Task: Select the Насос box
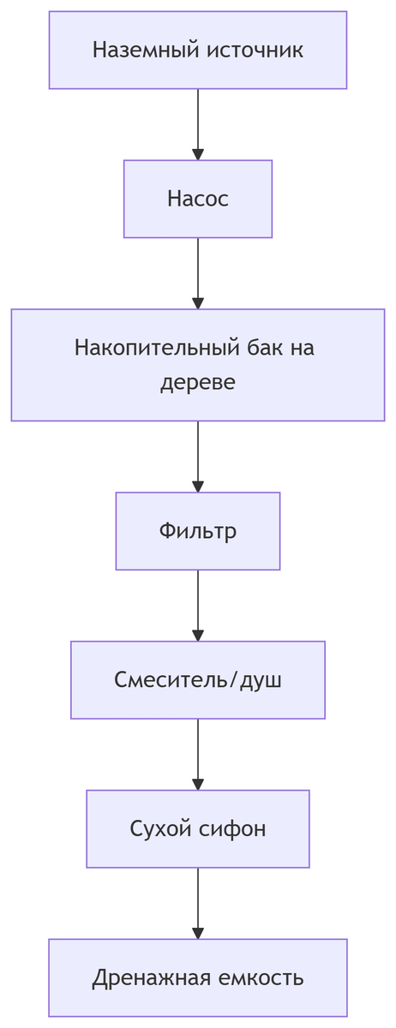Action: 198,199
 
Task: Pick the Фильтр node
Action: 198,531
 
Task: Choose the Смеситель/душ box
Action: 198,680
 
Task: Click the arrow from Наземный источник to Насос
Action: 198,124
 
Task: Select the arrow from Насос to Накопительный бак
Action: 198,273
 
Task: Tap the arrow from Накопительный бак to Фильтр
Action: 198,456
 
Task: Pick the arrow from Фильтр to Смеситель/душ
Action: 198,605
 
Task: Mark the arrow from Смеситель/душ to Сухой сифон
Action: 198,754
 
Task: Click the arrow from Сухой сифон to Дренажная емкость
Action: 198,903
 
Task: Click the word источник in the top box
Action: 255,51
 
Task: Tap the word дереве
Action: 198,382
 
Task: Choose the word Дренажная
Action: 139,978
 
